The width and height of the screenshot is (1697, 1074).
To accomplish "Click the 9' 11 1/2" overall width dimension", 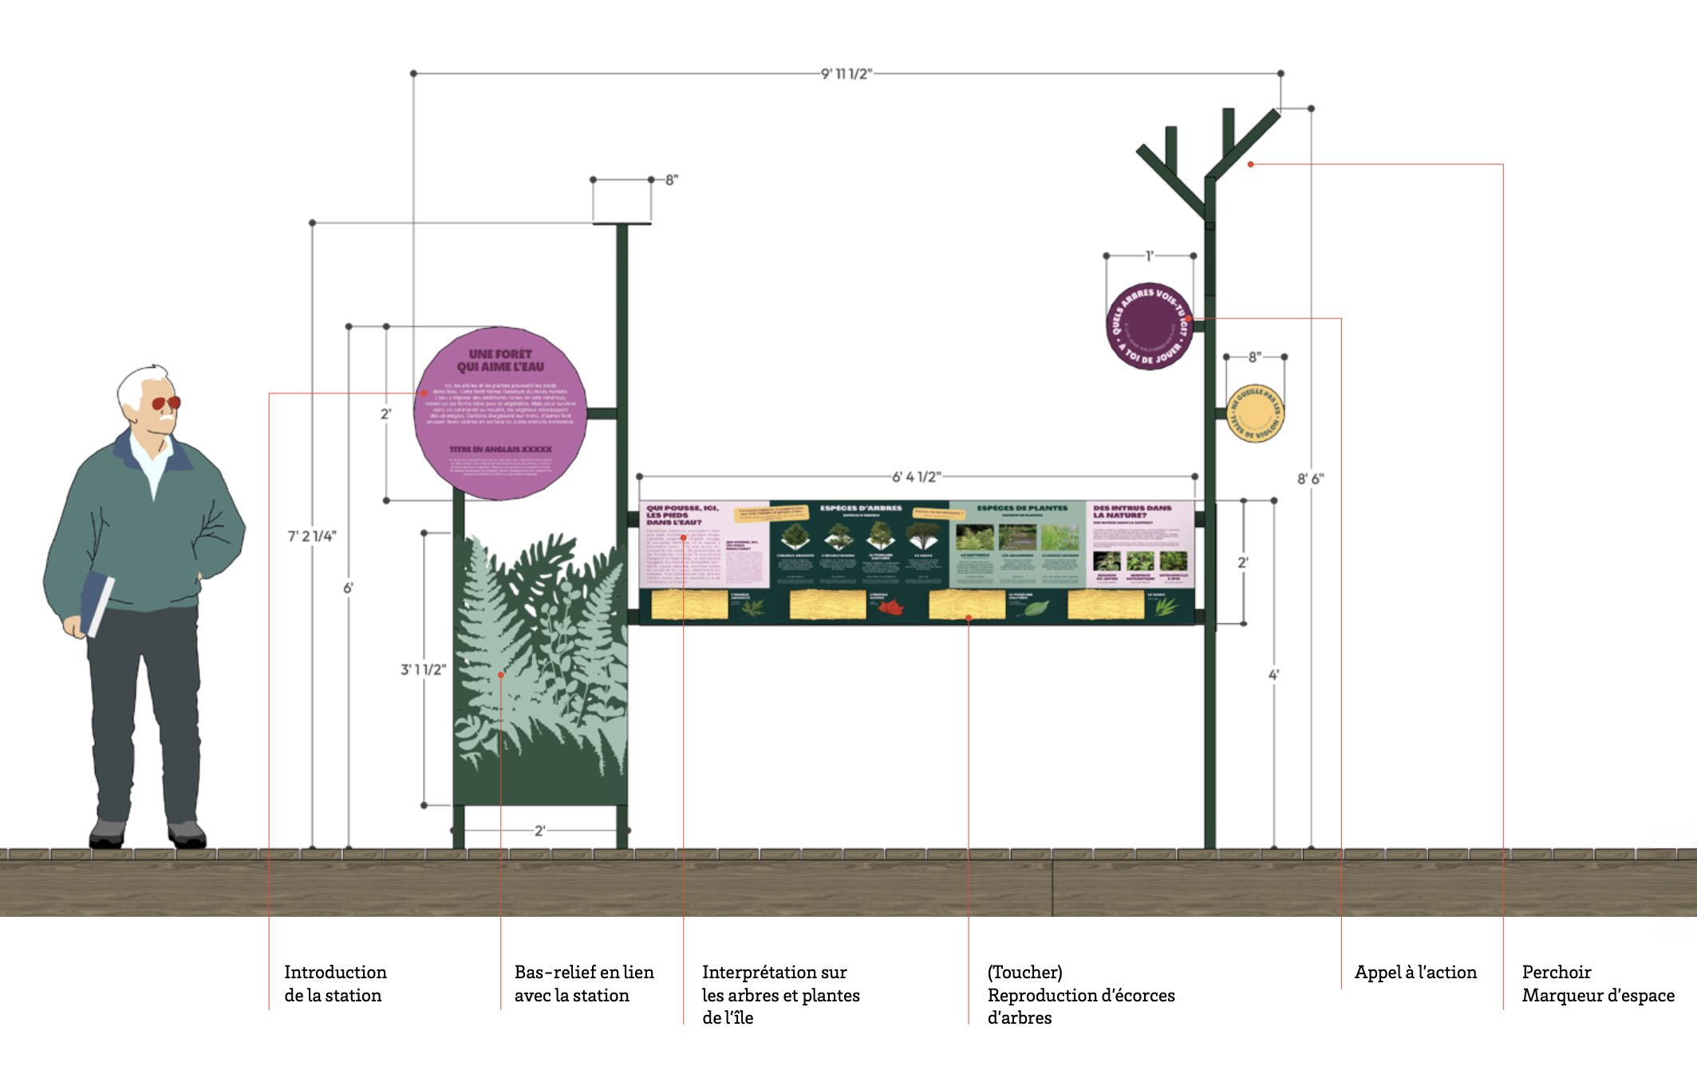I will pos(847,74).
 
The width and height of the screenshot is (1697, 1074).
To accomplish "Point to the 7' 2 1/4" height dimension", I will pos(312,536).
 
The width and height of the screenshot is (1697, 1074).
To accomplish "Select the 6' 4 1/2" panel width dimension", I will pos(916,477).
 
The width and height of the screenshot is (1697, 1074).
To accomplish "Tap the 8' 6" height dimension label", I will pos(1310,479).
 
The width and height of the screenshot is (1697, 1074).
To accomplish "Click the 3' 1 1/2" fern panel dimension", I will pos(423,669).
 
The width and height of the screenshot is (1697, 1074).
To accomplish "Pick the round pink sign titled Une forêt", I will pos(500,413).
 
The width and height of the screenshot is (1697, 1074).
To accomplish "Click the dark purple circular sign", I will pos(1149,326).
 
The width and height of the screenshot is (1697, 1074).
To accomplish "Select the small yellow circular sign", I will pos(1255,413).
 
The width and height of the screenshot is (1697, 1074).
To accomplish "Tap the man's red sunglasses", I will pos(166,403).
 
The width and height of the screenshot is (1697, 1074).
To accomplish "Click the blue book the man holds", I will pos(97,602).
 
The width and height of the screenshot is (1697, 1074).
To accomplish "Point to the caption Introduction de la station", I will pos(335,983).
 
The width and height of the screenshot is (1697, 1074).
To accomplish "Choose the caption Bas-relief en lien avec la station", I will pos(583,983).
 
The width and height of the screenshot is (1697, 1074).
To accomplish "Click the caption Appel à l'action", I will pos(1415,972).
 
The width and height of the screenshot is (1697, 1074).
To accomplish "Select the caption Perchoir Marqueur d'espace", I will pos(1597,983).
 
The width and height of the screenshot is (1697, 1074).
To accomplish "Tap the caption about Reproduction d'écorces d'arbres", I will pos(1080,994).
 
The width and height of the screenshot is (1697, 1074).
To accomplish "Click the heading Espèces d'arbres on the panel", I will pos(861,507).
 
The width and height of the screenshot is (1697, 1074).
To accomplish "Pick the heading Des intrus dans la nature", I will pos(1132,511).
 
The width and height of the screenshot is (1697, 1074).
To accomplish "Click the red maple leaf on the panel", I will pos(890,608).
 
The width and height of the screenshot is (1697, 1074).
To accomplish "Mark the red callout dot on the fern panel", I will pos(501,675).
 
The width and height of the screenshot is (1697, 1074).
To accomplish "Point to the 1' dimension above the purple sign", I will pos(1149,256).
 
